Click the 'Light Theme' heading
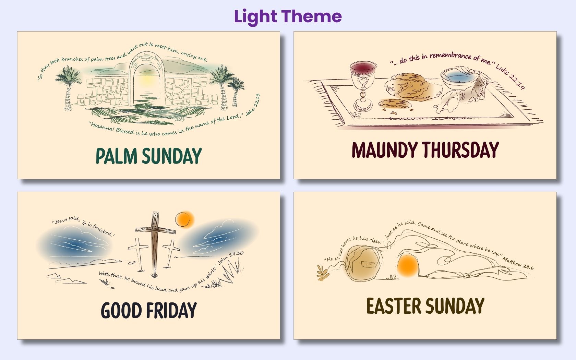tap(288, 16)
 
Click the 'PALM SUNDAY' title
tap(148, 156)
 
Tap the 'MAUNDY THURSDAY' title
tap(425, 150)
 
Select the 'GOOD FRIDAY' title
tap(148, 310)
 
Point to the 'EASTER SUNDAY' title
tap(425, 306)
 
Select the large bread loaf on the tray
tap(408, 86)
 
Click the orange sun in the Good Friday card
tap(184, 219)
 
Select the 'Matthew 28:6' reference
tap(518, 263)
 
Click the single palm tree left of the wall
tap(68, 87)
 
